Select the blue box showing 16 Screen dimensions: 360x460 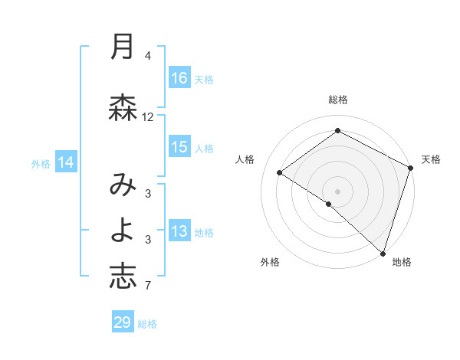point(179,78)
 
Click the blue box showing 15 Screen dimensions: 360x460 point(179,147)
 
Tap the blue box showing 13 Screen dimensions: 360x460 point(179,232)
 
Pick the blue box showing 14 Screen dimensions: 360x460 point(66,162)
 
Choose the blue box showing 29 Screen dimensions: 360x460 point(123,322)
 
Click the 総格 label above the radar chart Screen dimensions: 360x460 point(337,100)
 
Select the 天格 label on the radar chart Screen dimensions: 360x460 point(431,159)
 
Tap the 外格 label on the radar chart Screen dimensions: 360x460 point(270,262)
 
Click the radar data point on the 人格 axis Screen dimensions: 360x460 point(279,173)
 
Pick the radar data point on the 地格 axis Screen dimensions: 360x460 point(383,252)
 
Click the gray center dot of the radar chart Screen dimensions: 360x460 point(337,191)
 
